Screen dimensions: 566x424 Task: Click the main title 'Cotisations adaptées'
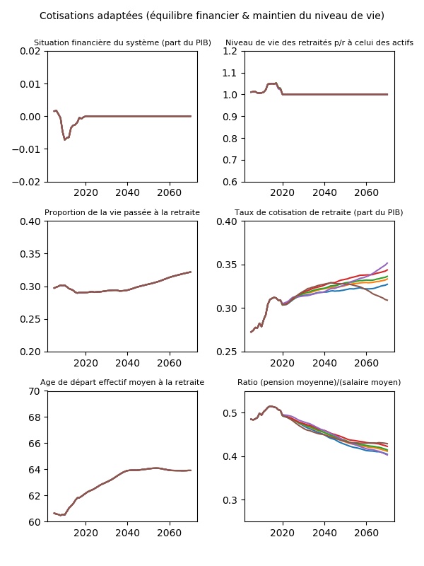click(x=212, y=16)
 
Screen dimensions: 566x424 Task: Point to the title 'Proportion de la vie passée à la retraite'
click(x=122, y=212)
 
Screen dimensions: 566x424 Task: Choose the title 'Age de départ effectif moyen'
click(x=122, y=382)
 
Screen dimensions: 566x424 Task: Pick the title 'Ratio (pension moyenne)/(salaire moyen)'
click(x=319, y=382)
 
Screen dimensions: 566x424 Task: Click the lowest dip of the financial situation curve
click(x=65, y=139)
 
